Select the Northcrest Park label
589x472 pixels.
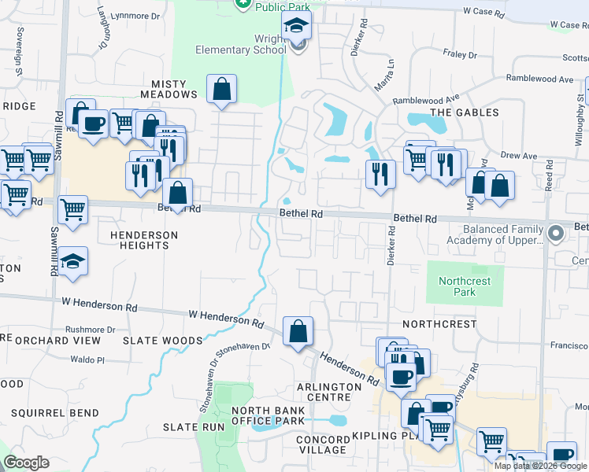[464, 286]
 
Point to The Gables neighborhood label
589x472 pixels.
[465, 112]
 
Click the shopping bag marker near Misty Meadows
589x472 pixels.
[222, 89]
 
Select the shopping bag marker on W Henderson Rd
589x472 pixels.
[298, 331]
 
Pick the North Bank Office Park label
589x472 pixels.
[268, 415]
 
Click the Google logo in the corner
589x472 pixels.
[26, 463]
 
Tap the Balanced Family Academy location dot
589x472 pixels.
[557, 233]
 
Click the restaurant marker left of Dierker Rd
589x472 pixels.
[380, 173]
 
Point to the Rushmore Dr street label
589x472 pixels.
[90, 330]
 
